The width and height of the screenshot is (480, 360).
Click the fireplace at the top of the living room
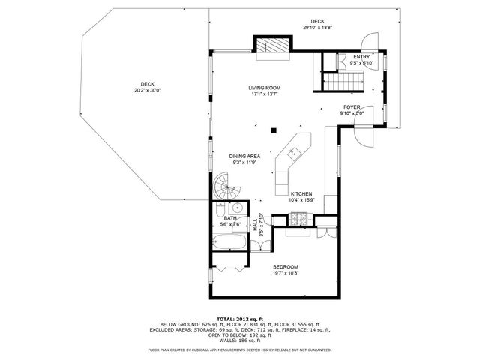[x=271, y=46]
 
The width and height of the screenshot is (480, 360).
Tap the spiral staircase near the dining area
[x=225, y=185]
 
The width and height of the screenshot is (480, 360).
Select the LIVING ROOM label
[x=264, y=88]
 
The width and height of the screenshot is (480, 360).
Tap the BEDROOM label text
[x=286, y=267]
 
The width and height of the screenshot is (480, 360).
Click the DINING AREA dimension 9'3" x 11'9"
[x=245, y=163]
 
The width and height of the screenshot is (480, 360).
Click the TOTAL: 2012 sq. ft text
[x=240, y=319]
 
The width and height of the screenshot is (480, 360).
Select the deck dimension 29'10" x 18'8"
[x=318, y=28]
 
